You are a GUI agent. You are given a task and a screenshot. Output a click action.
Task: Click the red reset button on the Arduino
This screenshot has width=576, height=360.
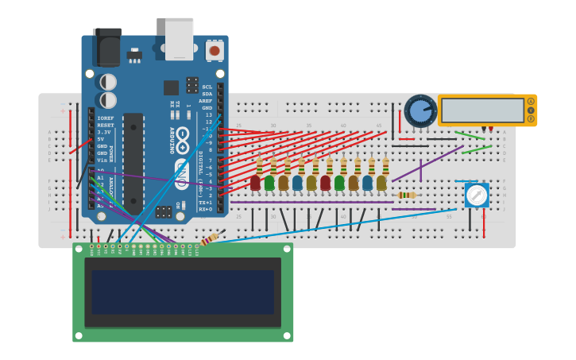pyautogui.click(x=214, y=50)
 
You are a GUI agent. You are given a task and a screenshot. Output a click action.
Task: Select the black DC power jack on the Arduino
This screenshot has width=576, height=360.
pyautogui.click(x=107, y=48)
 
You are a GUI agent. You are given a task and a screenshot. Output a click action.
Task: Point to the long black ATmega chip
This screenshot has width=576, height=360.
pyautogui.click(x=133, y=164)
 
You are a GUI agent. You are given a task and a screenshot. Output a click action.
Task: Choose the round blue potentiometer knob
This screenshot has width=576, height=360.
pyautogui.click(x=419, y=110)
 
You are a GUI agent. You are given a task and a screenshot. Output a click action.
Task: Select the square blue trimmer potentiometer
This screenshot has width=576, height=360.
pyautogui.click(x=477, y=195)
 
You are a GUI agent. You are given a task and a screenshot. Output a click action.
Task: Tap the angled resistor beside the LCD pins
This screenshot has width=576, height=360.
pyautogui.click(x=209, y=239)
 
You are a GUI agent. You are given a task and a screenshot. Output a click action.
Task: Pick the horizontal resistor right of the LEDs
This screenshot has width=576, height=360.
pyautogui.click(x=406, y=195)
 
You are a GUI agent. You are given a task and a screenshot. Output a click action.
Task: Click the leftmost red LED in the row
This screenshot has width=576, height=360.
pyautogui.click(x=255, y=183)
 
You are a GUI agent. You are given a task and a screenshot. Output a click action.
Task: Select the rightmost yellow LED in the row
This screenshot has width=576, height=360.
pyautogui.click(x=381, y=183)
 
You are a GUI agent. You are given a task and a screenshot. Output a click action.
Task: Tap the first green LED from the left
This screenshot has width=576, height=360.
pyautogui.click(x=269, y=183)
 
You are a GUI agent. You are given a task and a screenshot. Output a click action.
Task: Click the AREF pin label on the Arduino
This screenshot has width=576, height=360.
pyautogui.click(x=206, y=101)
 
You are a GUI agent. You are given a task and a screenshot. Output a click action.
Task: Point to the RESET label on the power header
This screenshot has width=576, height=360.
pyautogui.click(x=105, y=125)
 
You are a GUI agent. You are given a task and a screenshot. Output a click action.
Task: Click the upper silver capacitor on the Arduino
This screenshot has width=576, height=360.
pyautogui.click(x=107, y=82)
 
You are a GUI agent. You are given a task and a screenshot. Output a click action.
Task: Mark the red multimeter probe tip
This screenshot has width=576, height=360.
pyautogui.click(x=491, y=129)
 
